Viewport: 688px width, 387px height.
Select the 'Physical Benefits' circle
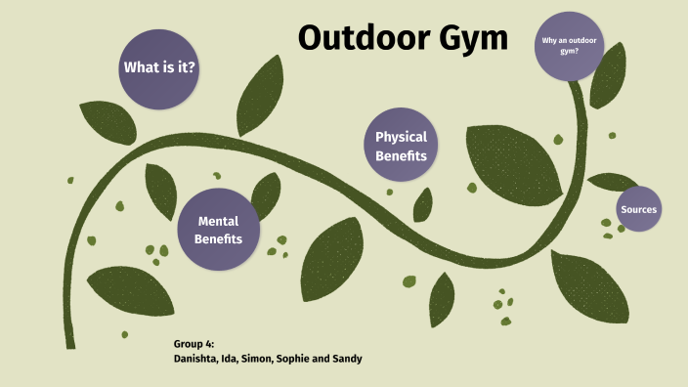pos(401,146)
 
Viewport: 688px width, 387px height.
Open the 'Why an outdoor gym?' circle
pos(569,45)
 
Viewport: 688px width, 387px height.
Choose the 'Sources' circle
pos(638,209)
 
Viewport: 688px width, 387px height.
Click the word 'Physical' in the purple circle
pos(401,138)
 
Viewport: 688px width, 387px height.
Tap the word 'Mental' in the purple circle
pos(218,221)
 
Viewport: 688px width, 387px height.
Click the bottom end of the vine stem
pos(69,342)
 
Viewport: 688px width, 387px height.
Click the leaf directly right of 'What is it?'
pos(256,93)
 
